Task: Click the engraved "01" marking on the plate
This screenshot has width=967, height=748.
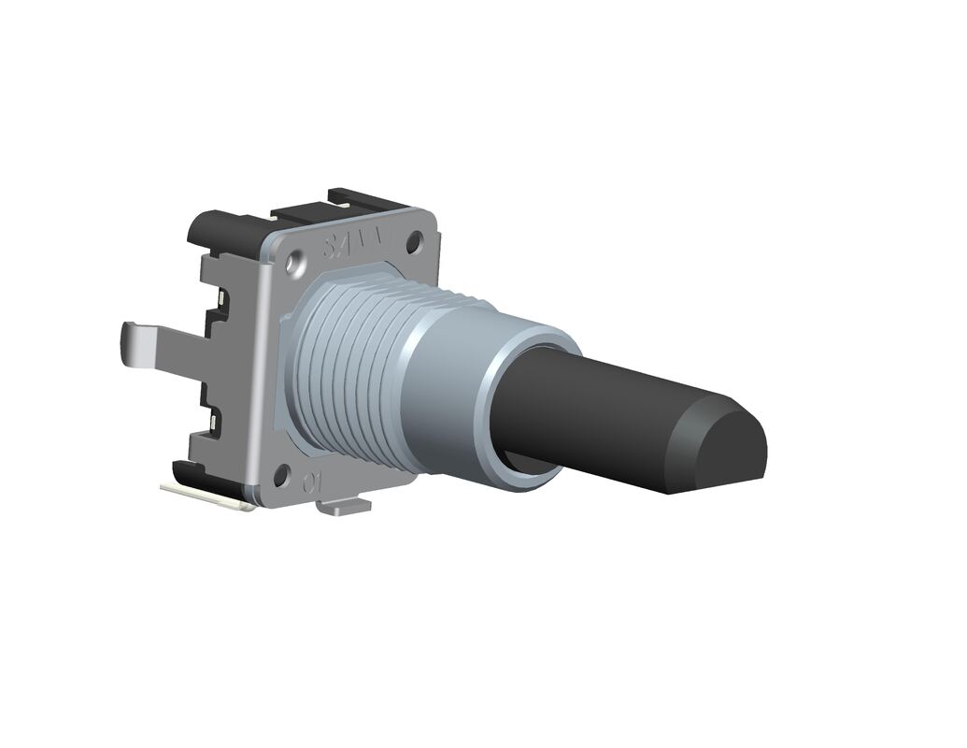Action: click(x=312, y=483)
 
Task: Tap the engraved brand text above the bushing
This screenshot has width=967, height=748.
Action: click(x=354, y=245)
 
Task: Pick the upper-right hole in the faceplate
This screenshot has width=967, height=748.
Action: click(x=413, y=241)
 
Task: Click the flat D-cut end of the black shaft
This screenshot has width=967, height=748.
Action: click(x=724, y=447)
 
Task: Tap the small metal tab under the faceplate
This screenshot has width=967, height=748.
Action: click(x=343, y=508)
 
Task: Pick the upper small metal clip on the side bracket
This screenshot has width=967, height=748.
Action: click(x=220, y=298)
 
